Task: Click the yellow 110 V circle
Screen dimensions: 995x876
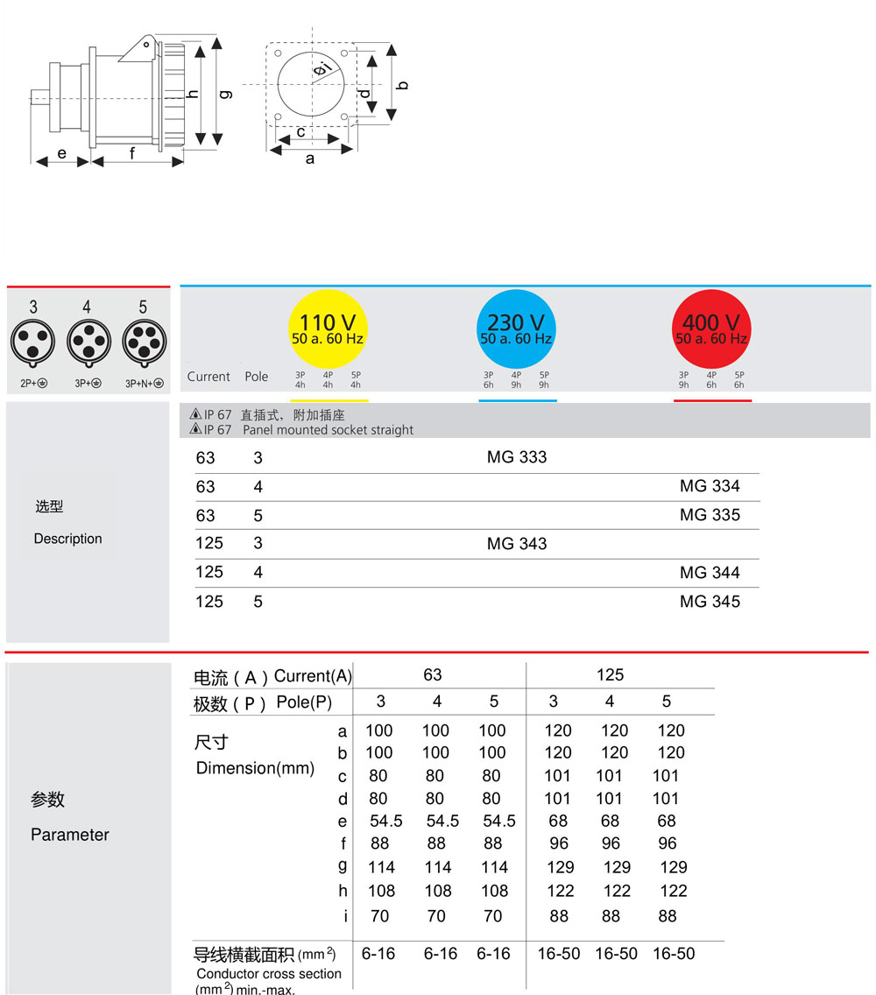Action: click(328, 330)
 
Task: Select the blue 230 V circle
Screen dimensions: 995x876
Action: click(516, 330)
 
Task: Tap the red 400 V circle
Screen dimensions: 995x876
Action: click(711, 330)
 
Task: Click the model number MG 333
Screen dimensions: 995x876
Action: click(517, 457)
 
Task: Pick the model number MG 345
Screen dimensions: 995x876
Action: click(710, 602)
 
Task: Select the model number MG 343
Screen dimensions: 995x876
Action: click(517, 544)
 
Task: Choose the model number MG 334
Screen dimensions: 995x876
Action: click(710, 486)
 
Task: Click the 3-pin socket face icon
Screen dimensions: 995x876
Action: click(33, 341)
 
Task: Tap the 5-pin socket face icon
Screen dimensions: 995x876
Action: click(143, 341)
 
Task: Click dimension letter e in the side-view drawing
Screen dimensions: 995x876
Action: click(62, 153)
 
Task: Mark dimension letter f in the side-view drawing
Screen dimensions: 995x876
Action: click(132, 153)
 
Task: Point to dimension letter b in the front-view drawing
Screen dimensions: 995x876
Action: click(403, 85)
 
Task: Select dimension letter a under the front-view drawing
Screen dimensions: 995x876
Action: click(310, 159)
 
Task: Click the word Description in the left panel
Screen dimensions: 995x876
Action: click(67, 539)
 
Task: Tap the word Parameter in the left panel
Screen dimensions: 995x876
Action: click(70, 835)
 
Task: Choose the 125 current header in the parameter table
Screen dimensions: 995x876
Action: click(610, 675)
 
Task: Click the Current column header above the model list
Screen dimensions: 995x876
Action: click(208, 377)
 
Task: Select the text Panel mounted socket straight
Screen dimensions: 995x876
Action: click(328, 430)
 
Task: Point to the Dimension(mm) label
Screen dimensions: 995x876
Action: click(255, 768)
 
